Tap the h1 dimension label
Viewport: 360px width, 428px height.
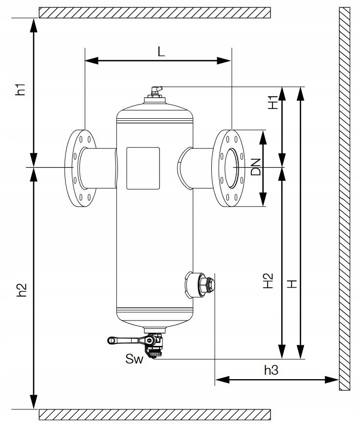[x=20, y=89]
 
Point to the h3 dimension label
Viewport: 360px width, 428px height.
[x=271, y=370]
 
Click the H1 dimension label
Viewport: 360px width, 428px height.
[x=273, y=102]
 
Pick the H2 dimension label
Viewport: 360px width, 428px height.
[x=268, y=280]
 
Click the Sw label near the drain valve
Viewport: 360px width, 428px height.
[x=134, y=360]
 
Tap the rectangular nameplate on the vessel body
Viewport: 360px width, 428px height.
[x=143, y=168]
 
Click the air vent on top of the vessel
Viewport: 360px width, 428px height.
[x=155, y=92]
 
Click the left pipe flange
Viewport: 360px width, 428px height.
[x=81, y=168]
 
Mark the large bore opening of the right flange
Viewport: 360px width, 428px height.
[x=232, y=167]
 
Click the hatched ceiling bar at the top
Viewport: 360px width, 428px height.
[x=155, y=13]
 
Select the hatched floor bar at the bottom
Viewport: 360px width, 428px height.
[x=155, y=414]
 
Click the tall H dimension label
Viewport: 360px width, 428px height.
[x=292, y=283]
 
